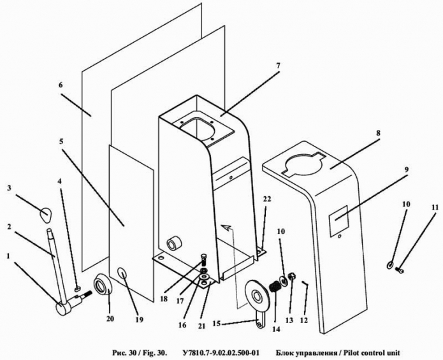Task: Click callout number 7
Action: coord(278,66)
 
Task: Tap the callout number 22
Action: coord(266,199)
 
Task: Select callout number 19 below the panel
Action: coord(140,320)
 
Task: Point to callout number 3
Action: coord(10,188)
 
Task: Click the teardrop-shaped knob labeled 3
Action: coord(45,215)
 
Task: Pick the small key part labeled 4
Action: coord(78,289)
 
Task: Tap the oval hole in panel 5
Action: coord(122,273)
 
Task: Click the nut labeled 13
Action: coord(291,277)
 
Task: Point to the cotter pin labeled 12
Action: coord(305,283)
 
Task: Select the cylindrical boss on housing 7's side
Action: coord(173,243)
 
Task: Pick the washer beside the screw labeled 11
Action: coord(390,265)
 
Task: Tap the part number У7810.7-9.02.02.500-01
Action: coord(221,352)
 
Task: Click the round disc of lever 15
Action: coord(257,296)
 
